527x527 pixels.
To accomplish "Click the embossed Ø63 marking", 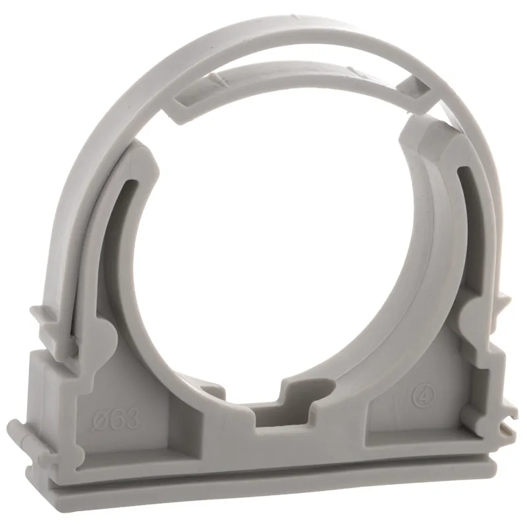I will [x=119, y=419].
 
